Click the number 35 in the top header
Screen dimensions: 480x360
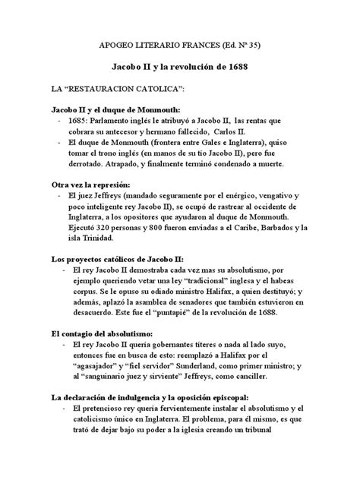248,45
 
